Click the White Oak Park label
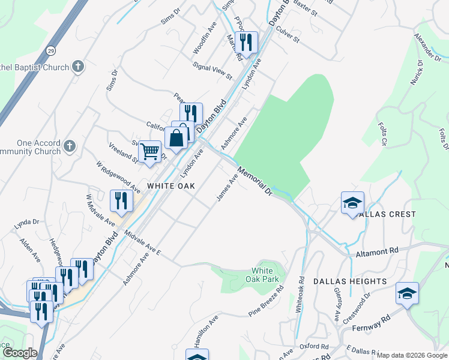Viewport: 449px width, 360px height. tap(262, 275)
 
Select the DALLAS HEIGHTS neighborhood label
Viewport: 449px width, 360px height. tap(349, 281)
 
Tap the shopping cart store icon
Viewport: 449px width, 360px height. tap(149, 152)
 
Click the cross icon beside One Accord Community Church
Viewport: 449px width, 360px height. tap(70, 146)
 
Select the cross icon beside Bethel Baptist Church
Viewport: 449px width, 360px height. tap(78, 67)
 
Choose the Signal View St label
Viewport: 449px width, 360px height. tap(212, 71)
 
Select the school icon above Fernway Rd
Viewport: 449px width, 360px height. tap(407, 294)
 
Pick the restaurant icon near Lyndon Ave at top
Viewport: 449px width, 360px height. tap(247, 42)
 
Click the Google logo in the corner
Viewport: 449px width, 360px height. tap(19, 353)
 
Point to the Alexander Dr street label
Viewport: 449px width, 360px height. tap(427, 47)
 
